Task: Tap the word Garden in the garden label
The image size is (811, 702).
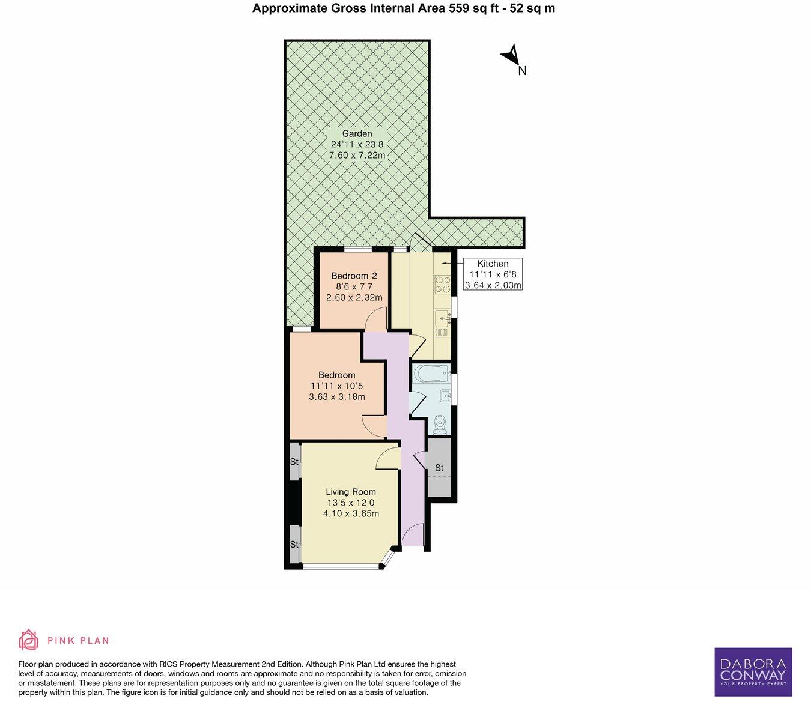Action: [357, 133]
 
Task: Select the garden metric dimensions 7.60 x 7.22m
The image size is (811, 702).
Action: [357, 156]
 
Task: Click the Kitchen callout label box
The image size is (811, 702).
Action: [493, 274]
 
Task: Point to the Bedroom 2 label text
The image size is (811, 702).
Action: [354, 276]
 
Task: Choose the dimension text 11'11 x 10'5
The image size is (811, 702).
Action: [336, 386]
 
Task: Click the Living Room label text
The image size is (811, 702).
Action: [351, 492]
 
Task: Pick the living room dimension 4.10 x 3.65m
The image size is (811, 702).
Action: [351, 513]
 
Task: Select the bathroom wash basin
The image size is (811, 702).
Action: [445, 395]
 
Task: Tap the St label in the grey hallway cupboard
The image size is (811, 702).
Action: [439, 468]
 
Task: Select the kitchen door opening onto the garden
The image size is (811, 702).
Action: [420, 243]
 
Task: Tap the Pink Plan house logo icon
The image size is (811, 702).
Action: [28, 640]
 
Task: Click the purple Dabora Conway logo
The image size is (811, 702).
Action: [753, 671]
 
